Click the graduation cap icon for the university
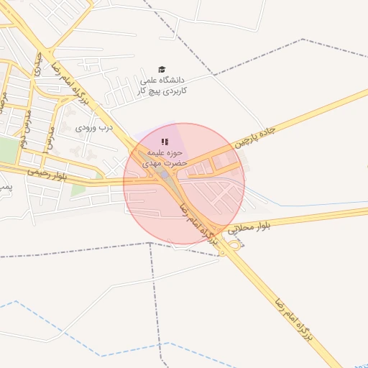point(162,69)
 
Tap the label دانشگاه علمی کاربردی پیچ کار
point(162,86)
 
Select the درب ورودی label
point(96,128)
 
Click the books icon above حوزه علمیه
point(165,142)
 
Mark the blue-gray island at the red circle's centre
point(165,174)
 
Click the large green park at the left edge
point(8,150)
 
